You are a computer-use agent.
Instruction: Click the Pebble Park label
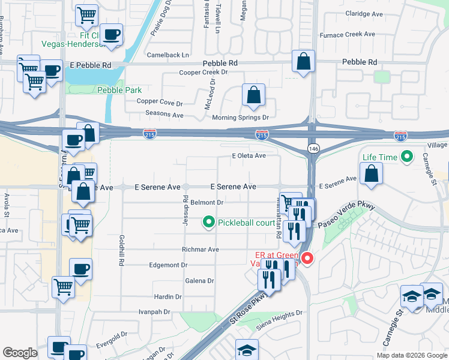coord(119,90)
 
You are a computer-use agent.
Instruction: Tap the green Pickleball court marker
coord(209,223)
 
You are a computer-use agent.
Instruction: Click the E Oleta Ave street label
coord(249,156)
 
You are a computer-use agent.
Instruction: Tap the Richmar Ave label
coord(200,249)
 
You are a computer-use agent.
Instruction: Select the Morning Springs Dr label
coord(240,118)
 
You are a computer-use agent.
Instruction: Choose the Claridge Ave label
coord(364,13)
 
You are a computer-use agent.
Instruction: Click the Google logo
coord(20,353)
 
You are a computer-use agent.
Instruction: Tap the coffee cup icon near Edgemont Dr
coord(80,269)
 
